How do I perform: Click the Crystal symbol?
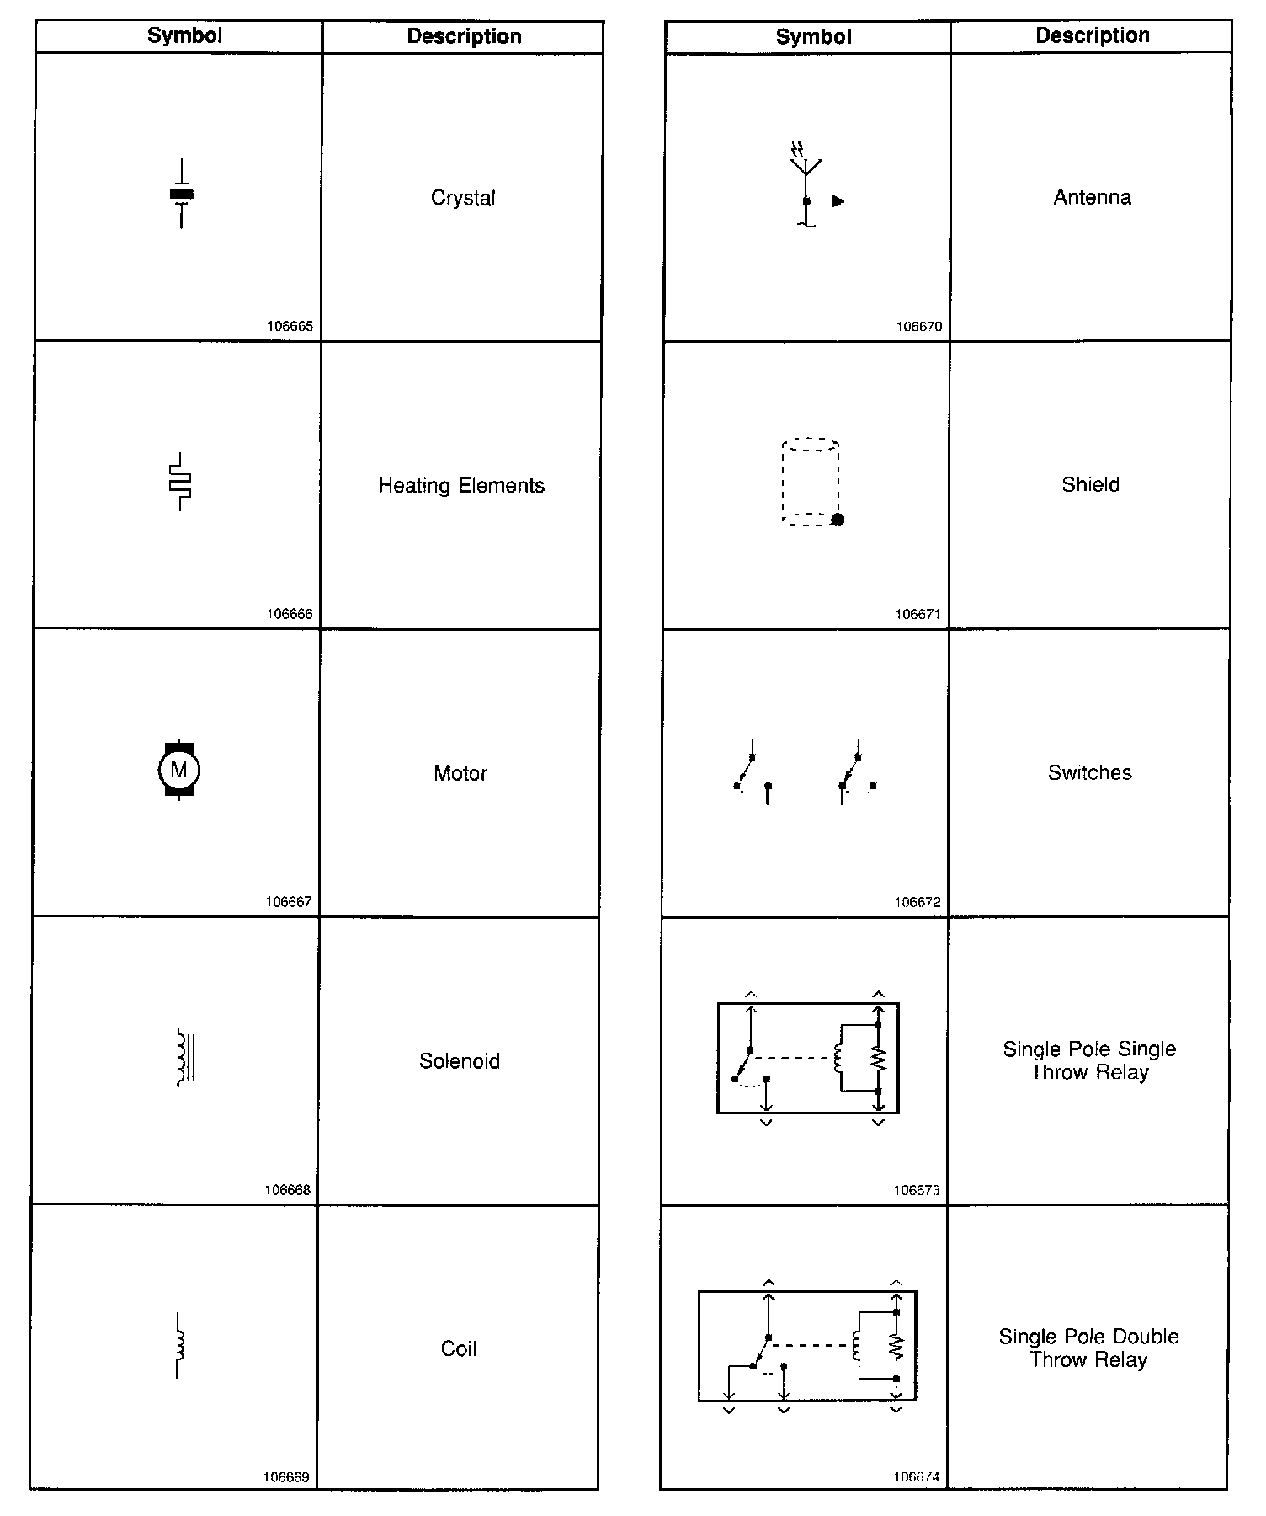pyautogui.click(x=181, y=195)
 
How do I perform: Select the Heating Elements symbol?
pyautogui.click(x=180, y=483)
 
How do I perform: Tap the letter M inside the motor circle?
pyautogui.click(x=178, y=770)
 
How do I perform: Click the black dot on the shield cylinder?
pyautogui.click(x=838, y=519)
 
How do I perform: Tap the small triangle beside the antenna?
pyautogui.click(x=838, y=201)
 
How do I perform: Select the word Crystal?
pyautogui.click(x=463, y=198)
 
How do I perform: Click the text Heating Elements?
pyautogui.click(x=461, y=486)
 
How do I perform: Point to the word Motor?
pyautogui.click(x=460, y=773)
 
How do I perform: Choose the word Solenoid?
pyautogui.click(x=460, y=1061)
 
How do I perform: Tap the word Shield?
pyautogui.click(x=1090, y=485)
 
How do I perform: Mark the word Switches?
pyautogui.click(x=1090, y=773)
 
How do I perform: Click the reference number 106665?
pyautogui.click(x=290, y=327)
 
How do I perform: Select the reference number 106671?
pyautogui.click(x=918, y=615)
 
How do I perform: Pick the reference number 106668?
pyautogui.click(x=288, y=1190)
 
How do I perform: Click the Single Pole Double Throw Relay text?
pyautogui.click(x=1088, y=1348)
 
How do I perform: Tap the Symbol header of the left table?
pyautogui.click(x=184, y=35)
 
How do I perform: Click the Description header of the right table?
pyautogui.click(x=1093, y=35)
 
